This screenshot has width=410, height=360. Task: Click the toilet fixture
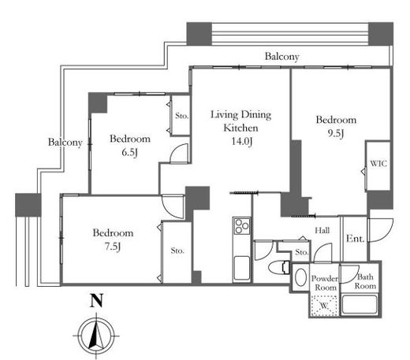click(x=279, y=268)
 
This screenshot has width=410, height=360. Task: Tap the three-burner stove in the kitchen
click(x=242, y=225)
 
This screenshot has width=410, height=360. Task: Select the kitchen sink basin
click(x=242, y=268)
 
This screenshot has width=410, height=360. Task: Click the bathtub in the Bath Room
click(x=360, y=305)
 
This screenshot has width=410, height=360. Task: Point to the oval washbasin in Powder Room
click(x=300, y=277)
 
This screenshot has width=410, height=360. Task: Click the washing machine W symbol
click(x=324, y=306)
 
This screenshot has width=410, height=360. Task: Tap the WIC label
click(x=378, y=164)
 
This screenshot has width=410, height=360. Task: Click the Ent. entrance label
click(x=356, y=239)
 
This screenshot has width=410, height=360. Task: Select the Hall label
click(x=322, y=230)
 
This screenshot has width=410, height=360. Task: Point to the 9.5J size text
click(x=336, y=133)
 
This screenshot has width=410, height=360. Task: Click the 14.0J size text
click(x=242, y=141)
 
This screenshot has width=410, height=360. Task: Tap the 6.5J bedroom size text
click(x=130, y=152)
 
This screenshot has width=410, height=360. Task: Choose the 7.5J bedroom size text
click(x=113, y=247)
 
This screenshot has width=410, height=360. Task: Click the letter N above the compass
click(x=96, y=300)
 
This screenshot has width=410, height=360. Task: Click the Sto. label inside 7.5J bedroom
click(x=177, y=251)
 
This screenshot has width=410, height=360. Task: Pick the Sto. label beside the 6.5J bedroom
click(x=182, y=116)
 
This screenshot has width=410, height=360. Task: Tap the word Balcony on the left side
click(x=65, y=142)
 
